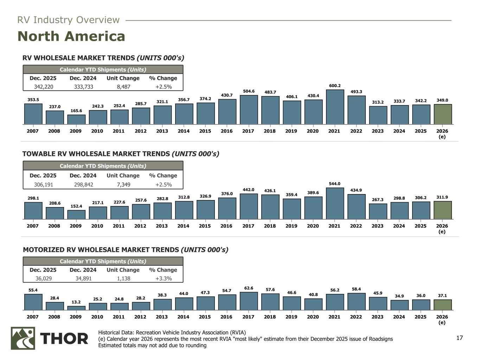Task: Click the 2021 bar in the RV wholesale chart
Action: tap(335, 107)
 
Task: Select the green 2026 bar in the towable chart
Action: tap(442, 210)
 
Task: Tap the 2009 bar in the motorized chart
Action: tap(76, 308)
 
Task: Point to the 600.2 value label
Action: tap(335, 86)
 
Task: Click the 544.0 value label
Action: tap(335, 184)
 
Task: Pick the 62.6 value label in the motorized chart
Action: tap(249, 288)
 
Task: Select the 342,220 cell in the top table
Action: tap(43, 87)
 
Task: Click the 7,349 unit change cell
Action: tap(123, 185)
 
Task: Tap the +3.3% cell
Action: tap(163, 278)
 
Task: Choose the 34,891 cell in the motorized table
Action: tap(83, 278)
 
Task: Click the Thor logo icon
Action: tap(23, 338)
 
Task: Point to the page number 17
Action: tap(459, 338)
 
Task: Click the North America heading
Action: tap(71, 36)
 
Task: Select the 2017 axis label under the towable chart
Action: tap(248, 226)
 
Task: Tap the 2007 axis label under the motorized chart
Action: tap(33, 317)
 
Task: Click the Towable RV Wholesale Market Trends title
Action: tap(121, 154)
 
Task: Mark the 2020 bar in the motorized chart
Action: tap(313, 304)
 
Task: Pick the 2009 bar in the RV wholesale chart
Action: tap(76, 120)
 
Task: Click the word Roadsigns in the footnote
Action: tap(380, 339)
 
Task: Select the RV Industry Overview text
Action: tap(69, 20)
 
